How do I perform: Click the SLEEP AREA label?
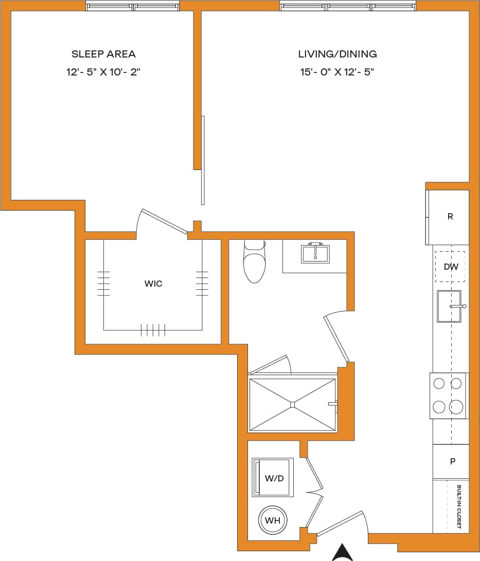(x=103, y=54)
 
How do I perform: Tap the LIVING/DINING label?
(x=337, y=54)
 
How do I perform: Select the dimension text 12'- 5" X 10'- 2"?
(x=103, y=72)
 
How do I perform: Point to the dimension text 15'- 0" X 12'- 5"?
(x=337, y=72)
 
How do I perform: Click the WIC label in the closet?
(x=153, y=284)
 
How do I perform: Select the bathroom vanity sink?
(x=314, y=253)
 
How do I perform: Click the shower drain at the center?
(x=292, y=404)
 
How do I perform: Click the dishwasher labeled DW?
(x=451, y=267)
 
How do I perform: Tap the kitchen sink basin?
(x=449, y=306)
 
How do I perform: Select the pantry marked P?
(x=452, y=461)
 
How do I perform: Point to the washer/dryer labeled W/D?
(x=273, y=478)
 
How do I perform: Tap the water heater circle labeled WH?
(x=272, y=520)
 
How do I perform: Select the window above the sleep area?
(x=133, y=7)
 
